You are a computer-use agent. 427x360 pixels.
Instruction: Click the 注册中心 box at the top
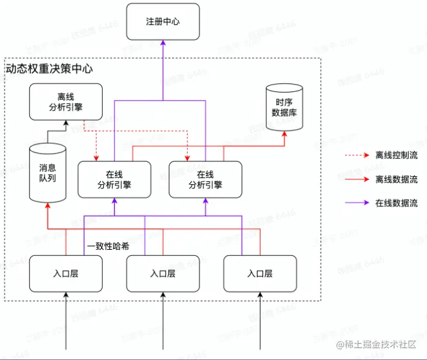coord(163,22)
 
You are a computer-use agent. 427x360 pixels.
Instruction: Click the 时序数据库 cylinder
coord(284,108)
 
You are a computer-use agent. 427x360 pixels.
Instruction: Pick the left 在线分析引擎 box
coord(114,179)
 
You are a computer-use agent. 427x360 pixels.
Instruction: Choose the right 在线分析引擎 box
coord(206,179)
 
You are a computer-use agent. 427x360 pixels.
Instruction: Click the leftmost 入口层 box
coord(65,274)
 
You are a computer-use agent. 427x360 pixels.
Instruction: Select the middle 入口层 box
coord(163,274)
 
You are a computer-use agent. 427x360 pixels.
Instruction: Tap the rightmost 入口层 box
coord(260,274)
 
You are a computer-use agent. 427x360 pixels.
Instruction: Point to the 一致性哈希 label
coord(107,246)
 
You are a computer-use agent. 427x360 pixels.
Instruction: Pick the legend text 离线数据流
coord(396,179)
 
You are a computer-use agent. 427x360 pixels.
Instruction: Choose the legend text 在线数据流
coord(396,203)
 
